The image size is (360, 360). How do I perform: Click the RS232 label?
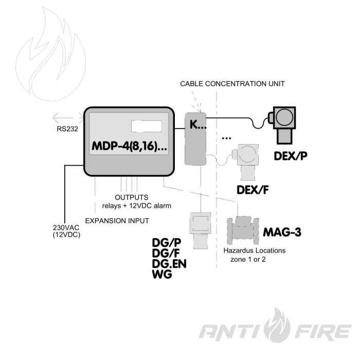pyautogui.click(x=67, y=129)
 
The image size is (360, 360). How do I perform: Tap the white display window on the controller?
pyautogui.click(x=147, y=127)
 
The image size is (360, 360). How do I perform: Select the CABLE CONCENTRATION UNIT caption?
pyautogui.click(x=232, y=83)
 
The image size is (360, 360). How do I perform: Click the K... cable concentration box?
pyautogui.click(x=195, y=138)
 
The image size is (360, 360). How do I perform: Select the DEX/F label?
pyautogui.click(x=253, y=190)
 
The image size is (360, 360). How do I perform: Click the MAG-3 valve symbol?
pyautogui.click(x=243, y=229)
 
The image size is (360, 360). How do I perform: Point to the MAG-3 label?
pyautogui.click(x=282, y=232)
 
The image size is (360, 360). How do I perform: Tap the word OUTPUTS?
pyautogui.click(x=132, y=197)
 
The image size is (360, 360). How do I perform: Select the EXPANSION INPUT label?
pyautogui.click(x=117, y=221)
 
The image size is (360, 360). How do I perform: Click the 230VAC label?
pyautogui.click(x=65, y=227)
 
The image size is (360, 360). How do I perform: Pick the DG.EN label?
pyautogui.click(x=169, y=264)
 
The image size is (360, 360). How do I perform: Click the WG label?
pyautogui.click(x=162, y=275)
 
